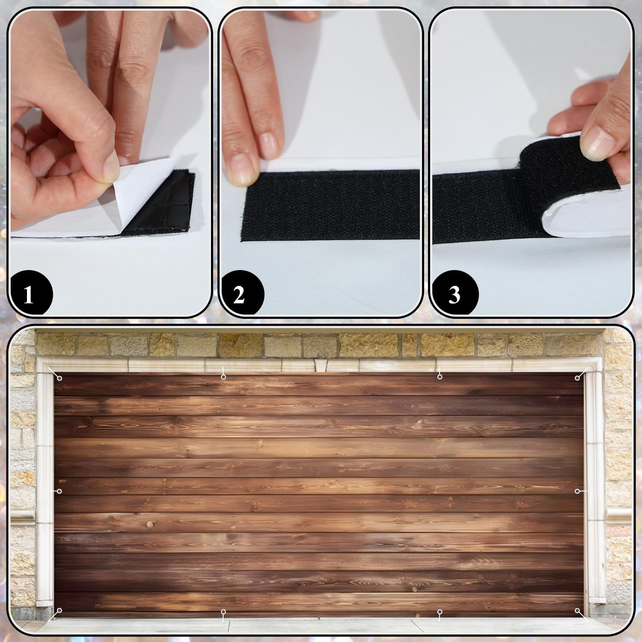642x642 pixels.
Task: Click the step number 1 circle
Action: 29,295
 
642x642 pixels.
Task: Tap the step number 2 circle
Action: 239,295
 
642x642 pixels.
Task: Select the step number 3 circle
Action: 454,295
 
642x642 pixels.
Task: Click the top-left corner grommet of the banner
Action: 60,378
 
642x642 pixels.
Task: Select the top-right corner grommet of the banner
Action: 577,378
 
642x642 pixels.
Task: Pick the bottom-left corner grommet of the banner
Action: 60,610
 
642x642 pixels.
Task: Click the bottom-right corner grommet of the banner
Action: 577,610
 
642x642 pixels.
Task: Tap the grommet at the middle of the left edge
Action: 60,491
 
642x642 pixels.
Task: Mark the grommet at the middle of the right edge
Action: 577,490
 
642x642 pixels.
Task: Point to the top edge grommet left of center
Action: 223,377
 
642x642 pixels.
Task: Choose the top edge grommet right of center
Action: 440,377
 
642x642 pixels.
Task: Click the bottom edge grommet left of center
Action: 223,612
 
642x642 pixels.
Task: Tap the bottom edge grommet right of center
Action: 440,612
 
